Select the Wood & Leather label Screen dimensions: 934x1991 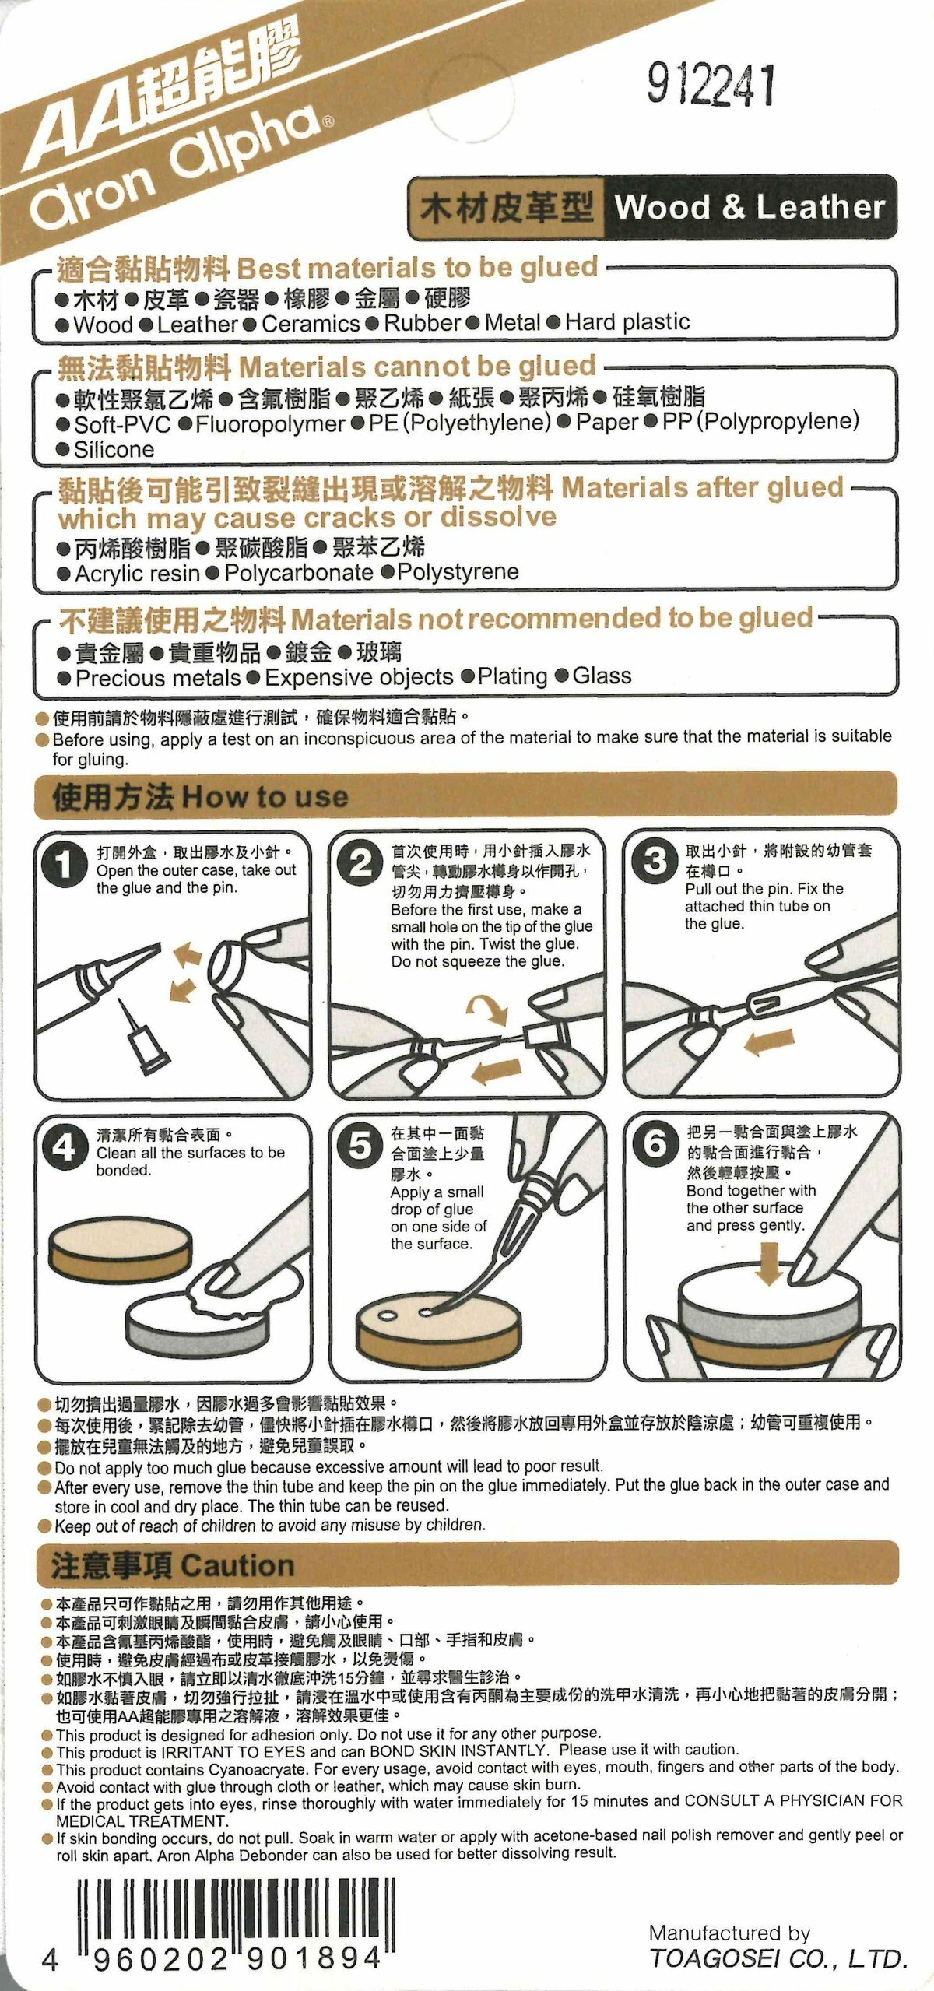click(x=750, y=207)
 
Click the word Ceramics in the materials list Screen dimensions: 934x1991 click(x=311, y=324)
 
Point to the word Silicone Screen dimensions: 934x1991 click(x=114, y=449)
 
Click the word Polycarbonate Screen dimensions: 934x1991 click(x=299, y=573)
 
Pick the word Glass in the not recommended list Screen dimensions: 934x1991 click(x=602, y=676)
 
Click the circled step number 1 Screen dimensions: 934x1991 click(x=66, y=866)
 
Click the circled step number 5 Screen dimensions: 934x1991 click(x=360, y=1145)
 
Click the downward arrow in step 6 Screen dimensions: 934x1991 click(x=770, y=1265)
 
